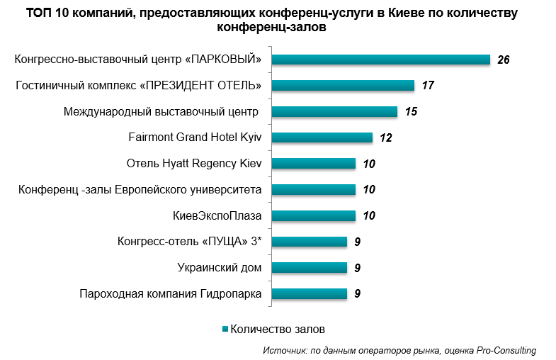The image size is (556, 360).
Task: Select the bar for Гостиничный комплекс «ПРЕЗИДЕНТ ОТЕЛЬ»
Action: coord(342,86)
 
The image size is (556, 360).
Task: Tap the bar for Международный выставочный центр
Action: coord(334,111)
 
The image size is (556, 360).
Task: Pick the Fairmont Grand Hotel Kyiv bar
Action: coord(322,137)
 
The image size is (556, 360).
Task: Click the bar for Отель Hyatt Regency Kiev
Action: coord(313,164)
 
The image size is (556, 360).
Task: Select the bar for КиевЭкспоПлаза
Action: coord(313,215)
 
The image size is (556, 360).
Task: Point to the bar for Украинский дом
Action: coord(309,268)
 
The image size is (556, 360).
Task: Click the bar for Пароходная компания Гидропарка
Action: coord(309,293)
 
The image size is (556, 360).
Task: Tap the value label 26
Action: coord(504,60)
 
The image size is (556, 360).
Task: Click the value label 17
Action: coord(427,86)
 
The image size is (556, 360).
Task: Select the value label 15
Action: coord(411,112)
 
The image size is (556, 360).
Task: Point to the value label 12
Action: coord(386,137)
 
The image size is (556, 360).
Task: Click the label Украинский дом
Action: coord(219,268)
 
